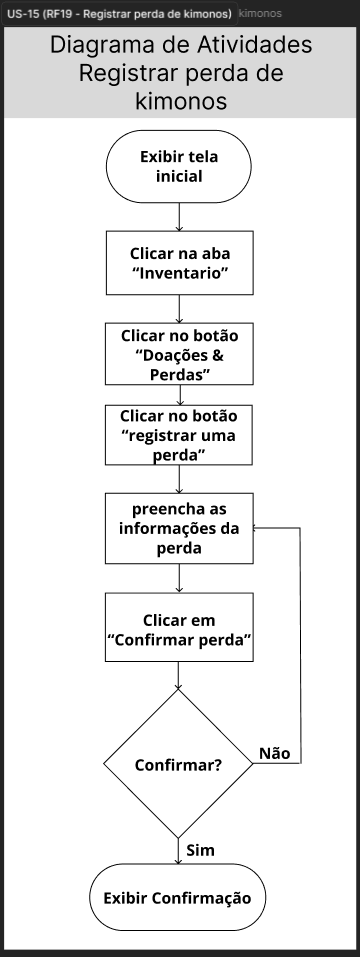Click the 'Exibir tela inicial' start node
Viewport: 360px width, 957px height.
[x=179, y=166]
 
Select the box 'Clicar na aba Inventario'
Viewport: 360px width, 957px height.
[x=180, y=263]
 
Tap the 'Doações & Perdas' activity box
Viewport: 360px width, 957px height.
[x=179, y=354]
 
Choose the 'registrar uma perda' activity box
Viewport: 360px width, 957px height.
[x=179, y=435]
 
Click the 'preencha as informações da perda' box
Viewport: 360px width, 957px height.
[x=179, y=529]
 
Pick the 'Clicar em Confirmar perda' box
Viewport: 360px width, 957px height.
[x=179, y=627]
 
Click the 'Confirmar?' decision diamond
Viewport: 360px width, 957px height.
[x=178, y=764]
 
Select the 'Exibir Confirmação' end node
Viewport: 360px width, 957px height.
[x=178, y=898]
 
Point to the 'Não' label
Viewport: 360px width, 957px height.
[x=275, y=754]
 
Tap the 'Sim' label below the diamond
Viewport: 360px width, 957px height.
[x=201, y=850]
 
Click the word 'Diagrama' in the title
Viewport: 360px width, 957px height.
[x=101, y=45]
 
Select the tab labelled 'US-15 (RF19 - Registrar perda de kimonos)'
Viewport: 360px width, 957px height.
[x=120, y=13]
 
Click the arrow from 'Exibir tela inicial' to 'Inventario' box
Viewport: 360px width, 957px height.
[x=179, y=217]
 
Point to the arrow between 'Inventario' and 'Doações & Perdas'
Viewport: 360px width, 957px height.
[x=179, y=309]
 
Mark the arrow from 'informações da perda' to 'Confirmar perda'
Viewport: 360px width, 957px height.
[x=179, y=578]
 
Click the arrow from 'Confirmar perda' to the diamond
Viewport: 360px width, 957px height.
[x=179, y=676]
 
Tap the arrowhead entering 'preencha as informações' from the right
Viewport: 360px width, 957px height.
[x=257, y=528]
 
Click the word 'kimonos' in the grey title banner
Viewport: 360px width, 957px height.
[x=181, y=101]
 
